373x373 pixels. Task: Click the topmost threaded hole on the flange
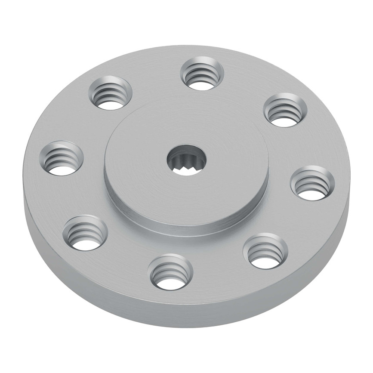point(202,74)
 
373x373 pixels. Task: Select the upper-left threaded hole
point(111,93)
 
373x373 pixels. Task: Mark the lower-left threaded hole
point(85,233)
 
